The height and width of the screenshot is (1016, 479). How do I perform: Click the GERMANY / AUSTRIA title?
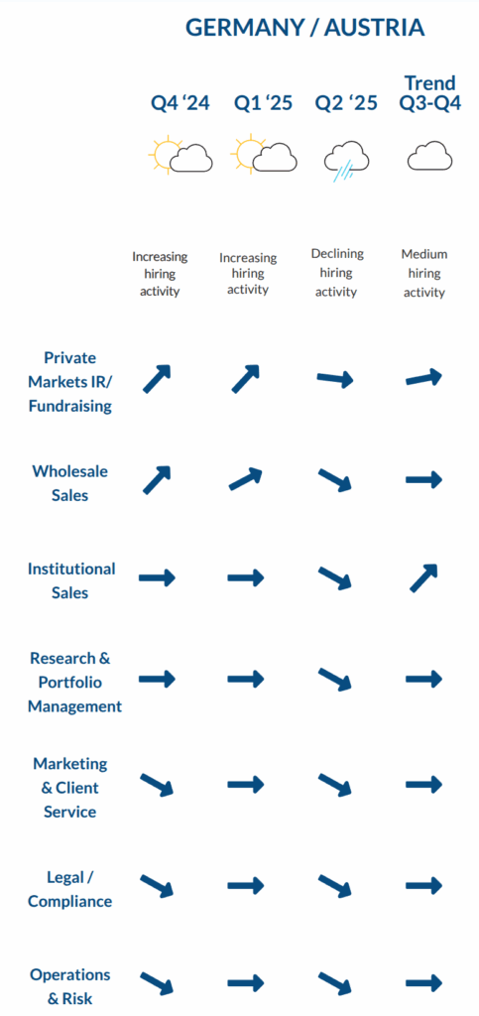click(304, 27)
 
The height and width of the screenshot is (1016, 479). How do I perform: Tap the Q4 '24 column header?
click(180, 103)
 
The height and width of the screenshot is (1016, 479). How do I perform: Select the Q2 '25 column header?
click(346, 103)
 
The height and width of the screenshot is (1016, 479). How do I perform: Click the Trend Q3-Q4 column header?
click(429, 92)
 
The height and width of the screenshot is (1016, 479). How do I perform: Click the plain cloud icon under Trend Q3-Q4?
click(429, 157)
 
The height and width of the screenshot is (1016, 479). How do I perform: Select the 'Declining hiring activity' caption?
click(336, 273)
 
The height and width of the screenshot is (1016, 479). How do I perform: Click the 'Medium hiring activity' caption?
click(424, 273)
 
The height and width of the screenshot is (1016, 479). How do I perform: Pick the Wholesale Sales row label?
click(69, 483)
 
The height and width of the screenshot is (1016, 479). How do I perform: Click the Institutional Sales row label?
click(70, 580)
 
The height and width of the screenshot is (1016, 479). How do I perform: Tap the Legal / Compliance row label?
click(69, 889)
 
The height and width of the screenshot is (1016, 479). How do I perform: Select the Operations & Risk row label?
click(69, 986)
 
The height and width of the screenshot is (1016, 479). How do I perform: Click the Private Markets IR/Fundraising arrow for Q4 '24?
click(157, 379)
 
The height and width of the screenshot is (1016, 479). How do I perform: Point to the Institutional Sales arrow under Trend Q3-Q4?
click(424, 578)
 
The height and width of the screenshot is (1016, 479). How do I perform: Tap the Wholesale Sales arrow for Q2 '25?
click(334, 479)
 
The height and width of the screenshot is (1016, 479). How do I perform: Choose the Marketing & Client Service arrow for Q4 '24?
click(158, 784)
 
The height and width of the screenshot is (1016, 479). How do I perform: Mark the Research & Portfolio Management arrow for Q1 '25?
click(246, 679)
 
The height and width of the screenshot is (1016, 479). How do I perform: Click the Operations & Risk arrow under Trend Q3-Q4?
click(424, 981)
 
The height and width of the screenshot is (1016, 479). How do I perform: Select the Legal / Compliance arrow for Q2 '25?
click(334, 885)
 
